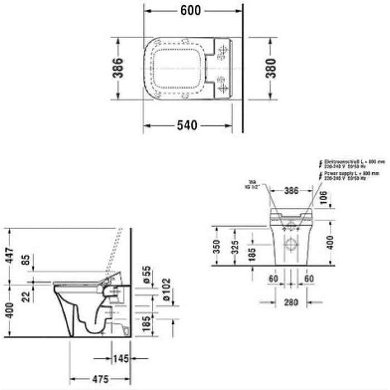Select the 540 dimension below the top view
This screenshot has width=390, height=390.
coord(187,125)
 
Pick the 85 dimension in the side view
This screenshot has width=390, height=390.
coord(24,260)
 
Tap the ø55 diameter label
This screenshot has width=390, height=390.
coord(146,274)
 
